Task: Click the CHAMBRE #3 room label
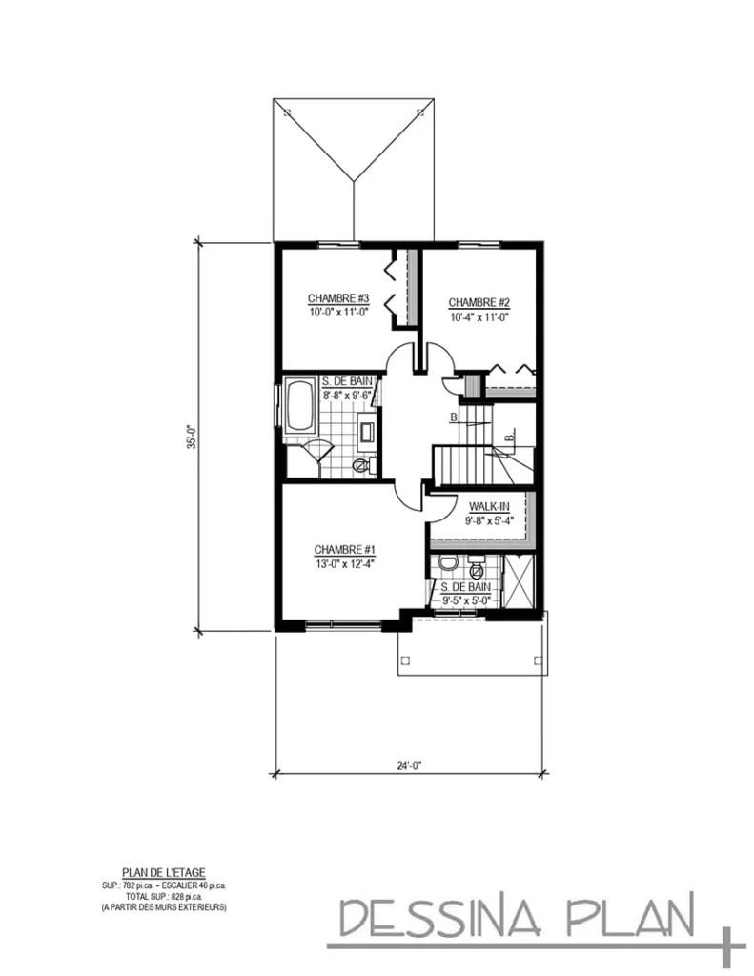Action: (332, 298)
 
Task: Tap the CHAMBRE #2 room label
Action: (473, 303)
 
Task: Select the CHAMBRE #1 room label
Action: (345, 550)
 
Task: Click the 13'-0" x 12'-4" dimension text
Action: (345, 562)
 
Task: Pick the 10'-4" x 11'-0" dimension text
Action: (474, 317)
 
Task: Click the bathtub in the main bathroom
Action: (300, 407)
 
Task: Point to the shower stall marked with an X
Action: (520, 580)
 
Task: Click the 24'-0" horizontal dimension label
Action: (409, 762)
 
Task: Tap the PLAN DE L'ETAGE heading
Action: (164, 871)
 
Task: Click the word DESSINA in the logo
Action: (438, 919)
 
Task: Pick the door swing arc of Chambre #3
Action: (399, 361)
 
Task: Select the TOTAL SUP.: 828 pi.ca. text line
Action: (164, 896)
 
